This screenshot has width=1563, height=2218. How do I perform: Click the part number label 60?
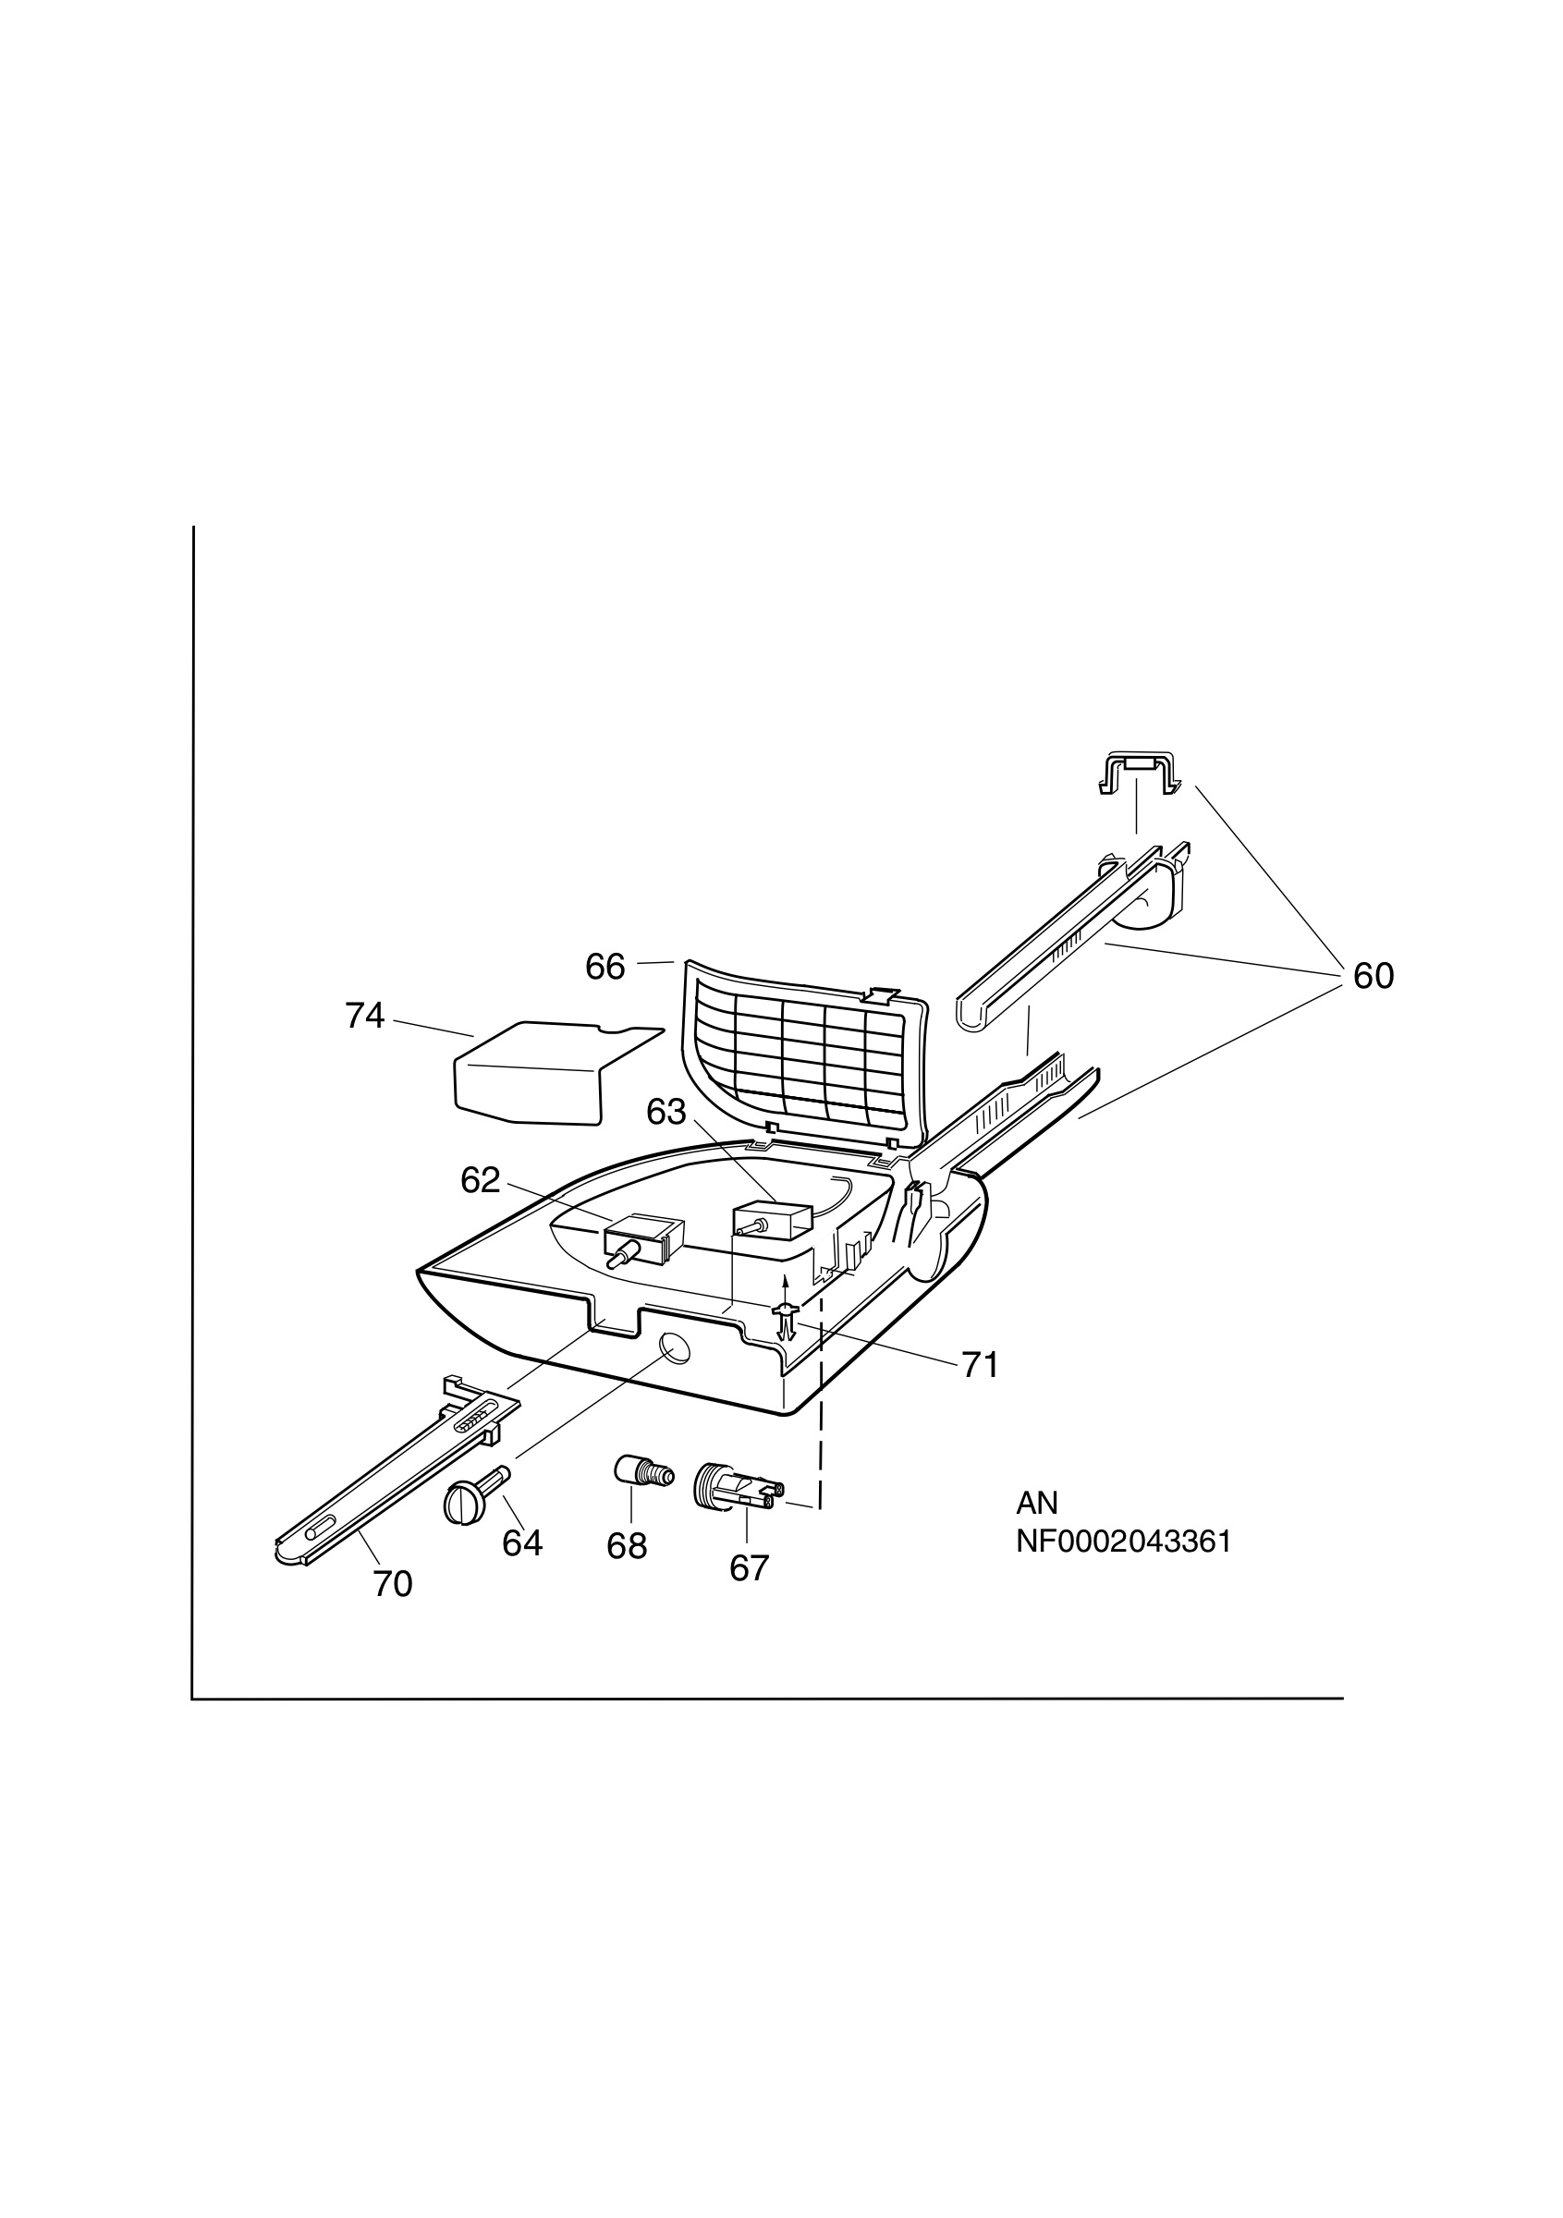tap(1373, 977)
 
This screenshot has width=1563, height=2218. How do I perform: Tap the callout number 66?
tap(605, 967)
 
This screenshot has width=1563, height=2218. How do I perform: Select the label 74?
tap(365, 1016)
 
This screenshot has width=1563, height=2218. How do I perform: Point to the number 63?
tap(666, 1113)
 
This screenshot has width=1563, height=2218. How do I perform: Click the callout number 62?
tap(481, 1180)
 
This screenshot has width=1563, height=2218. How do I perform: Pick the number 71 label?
tap(980, 1365)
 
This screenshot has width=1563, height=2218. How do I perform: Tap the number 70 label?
tap(393, 1583)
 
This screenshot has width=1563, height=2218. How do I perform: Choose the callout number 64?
tap(522, 1543)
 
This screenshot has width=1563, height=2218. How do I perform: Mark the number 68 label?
tap(627, 1547)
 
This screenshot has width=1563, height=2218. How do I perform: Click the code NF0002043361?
tap(1123, 1542)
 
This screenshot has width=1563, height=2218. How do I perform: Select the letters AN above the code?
tap(1036, 1503)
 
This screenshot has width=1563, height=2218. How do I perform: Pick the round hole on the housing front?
tap(673, 1346)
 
